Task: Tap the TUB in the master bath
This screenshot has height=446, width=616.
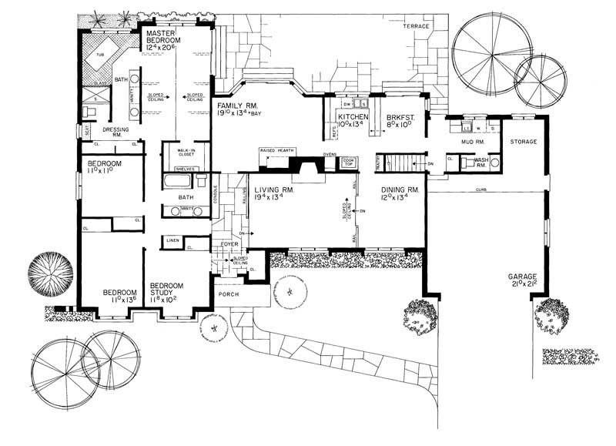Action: click(99, 55)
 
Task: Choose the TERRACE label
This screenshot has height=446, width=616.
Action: click(417, 25)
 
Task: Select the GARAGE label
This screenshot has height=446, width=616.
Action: click(521, 276)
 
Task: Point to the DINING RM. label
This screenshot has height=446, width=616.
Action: click(400, 189)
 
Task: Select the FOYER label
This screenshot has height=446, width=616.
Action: click(231, 244)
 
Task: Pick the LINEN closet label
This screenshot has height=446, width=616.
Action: click(173, 240)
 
